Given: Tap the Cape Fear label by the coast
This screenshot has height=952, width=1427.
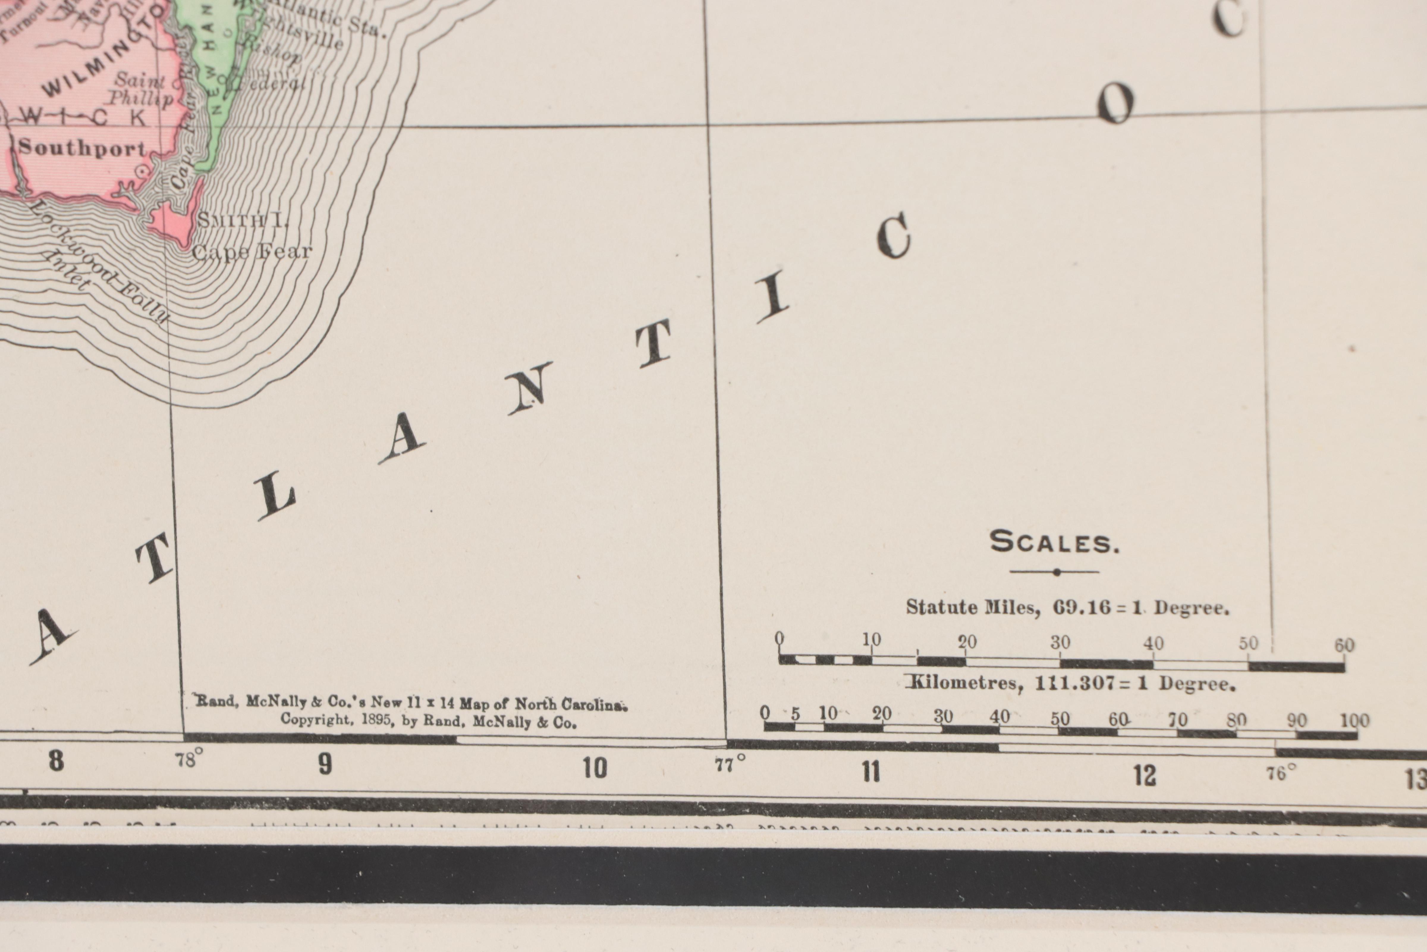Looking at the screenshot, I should [252, 251].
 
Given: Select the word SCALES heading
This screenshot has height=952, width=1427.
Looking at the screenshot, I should [1054, 542].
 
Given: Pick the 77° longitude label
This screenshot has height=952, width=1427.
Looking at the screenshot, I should [730, 764].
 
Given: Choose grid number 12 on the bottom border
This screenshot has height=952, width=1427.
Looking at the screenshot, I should [1144, 775].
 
